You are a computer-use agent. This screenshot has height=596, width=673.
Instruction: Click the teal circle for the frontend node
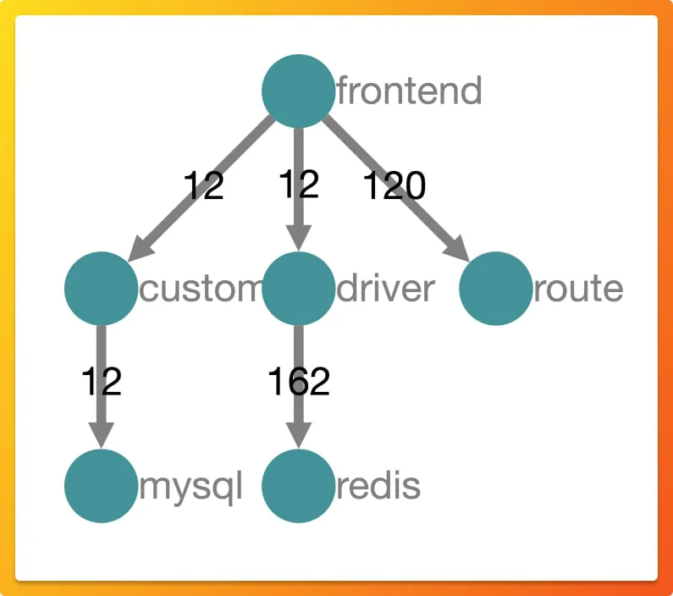[298, 91]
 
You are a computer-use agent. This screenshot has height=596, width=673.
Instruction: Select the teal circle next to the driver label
[298, 289]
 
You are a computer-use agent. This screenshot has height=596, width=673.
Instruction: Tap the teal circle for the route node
[496, 289]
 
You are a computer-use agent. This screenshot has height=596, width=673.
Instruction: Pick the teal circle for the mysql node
[101, 486]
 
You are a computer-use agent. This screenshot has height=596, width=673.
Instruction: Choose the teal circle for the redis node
[298, 486]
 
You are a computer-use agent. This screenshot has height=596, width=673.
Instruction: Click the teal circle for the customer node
[101, 289]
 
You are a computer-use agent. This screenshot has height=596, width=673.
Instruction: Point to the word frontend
[410, 91]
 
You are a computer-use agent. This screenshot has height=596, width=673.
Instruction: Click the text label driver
[386, 289]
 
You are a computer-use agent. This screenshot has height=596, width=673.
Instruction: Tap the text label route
[579, 289]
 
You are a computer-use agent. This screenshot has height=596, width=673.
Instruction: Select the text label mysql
[190, 487]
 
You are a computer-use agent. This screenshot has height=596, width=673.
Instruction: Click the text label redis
[378, 487]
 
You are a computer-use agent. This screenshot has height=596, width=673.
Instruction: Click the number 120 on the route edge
[394, 185]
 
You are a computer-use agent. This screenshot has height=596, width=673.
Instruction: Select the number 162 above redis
[298, 382]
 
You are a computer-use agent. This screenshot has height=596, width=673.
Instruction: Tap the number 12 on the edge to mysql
[102, 382]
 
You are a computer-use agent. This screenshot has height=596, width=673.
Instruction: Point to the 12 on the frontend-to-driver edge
[298, 184]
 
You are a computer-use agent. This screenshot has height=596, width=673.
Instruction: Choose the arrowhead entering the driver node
[298, 238]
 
